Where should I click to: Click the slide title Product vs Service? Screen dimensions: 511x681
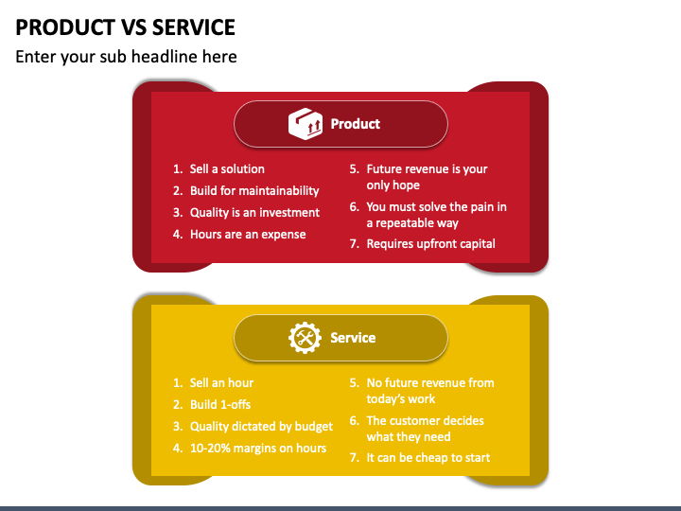[126, 26]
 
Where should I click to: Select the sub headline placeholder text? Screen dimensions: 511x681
[126, 57]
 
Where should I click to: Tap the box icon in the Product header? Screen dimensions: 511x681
[306, 124]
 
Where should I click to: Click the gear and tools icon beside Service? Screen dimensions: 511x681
[306, 338]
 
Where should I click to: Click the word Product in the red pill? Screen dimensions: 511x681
[355, 124]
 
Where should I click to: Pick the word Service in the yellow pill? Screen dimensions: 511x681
[353, 338]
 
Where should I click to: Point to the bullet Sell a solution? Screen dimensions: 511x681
[227, 169]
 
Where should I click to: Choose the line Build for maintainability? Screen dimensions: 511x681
[253, 191]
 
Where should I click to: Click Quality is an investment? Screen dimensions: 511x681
[254, 213]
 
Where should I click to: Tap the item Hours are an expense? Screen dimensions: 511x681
[247, 235]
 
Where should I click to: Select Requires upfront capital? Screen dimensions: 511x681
[430, 244]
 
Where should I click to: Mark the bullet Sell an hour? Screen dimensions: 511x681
[221, 383]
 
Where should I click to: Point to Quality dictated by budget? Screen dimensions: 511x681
[261, 427]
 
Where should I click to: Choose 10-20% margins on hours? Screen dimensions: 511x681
[257, 449]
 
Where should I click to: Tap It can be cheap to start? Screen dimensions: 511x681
[428, 458]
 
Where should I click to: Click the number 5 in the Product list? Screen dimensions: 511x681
[354, 169]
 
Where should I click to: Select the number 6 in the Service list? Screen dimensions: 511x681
[354, 421]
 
